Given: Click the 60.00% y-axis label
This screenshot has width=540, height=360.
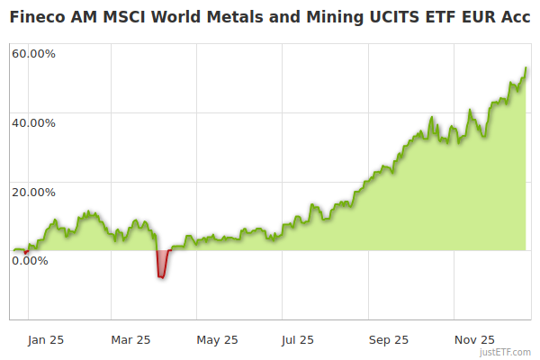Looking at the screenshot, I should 33,54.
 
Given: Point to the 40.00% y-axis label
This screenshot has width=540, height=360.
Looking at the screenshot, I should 33,123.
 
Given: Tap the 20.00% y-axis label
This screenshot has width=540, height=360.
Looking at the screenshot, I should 33,192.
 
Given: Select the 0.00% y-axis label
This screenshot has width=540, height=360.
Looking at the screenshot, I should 30,261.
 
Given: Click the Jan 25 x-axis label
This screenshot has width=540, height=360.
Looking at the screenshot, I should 44,340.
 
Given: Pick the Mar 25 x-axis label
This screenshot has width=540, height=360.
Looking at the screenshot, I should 130,340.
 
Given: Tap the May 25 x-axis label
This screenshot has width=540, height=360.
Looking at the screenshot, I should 216,340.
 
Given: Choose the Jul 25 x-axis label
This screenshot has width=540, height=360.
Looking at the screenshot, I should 298,340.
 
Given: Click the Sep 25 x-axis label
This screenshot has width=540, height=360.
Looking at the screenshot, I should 388,340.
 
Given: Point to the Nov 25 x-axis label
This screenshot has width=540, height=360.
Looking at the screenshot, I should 474,340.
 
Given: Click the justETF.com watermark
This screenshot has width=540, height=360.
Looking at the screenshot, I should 505,353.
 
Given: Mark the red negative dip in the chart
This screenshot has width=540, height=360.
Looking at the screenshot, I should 162,265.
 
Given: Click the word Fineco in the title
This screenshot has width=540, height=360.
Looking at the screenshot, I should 37,15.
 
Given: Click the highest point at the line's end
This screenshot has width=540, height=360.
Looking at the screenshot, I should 526,67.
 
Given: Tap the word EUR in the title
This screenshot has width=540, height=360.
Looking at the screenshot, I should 471,15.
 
